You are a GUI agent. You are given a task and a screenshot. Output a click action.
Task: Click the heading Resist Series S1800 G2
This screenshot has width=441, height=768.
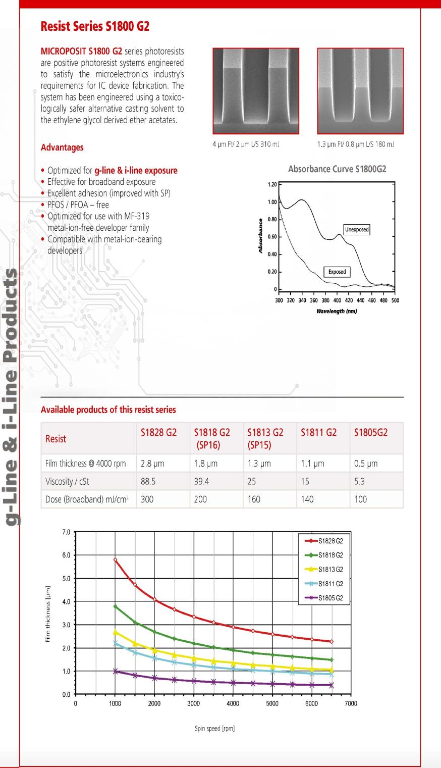pyautogui.click(x=95, y=26)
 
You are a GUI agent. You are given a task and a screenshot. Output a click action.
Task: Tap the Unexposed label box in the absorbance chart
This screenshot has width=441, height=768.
pyautogui.click(x=357, y=229)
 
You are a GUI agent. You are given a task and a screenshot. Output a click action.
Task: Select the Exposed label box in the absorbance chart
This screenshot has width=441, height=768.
pyautogui.click(x=337, y=272)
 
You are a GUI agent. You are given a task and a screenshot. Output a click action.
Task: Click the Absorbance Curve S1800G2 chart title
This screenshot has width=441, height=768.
pyautogui.click(x=337, y=169)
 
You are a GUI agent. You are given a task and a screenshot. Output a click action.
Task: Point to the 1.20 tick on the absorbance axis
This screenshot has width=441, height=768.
pyautogui.click(x=272, y=185)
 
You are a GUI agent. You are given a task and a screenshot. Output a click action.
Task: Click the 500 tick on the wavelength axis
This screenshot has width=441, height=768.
pyautogui.click(x=395, y=300)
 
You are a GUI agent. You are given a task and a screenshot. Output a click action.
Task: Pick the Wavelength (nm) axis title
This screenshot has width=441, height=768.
pyautogui.click(x=337, y=311)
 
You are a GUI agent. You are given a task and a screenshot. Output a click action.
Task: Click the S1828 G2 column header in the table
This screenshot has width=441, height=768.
pyautogui.click(x=158, y=432)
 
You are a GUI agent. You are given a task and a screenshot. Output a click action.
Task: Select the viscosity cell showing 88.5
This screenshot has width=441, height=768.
pyautogui.click(x=148, y=481)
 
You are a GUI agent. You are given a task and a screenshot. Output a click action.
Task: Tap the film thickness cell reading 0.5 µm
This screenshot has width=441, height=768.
pyautogui.click(x=366, y=464)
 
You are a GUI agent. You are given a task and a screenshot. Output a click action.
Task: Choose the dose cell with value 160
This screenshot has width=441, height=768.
pyautogui.click(x=254, y=499)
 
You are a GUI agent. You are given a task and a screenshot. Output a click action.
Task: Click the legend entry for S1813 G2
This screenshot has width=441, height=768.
pyautogui.click(x=330, y=570)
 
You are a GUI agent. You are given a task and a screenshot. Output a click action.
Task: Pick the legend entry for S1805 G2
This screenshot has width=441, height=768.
pyautogui.click(x=330, y=598)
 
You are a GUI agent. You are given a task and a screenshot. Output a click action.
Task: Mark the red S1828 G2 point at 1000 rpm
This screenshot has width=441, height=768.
pyautogui.click(x=115, y=560)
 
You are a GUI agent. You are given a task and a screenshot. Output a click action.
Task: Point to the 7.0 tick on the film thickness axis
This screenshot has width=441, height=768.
pyautogui.click(x=66, y=532)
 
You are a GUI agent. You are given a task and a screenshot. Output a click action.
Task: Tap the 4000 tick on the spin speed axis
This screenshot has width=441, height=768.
pyautogui.click(x=233, y=703)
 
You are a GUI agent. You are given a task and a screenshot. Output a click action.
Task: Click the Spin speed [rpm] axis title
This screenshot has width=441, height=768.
pyautogui.click(x=214, y=729)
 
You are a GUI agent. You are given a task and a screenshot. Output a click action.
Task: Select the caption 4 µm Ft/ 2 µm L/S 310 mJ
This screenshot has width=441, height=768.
pyautogui.click(x=246, y=144)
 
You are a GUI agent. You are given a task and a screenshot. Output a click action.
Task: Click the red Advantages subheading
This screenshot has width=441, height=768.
pyautogui.click(x=62, y=147)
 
